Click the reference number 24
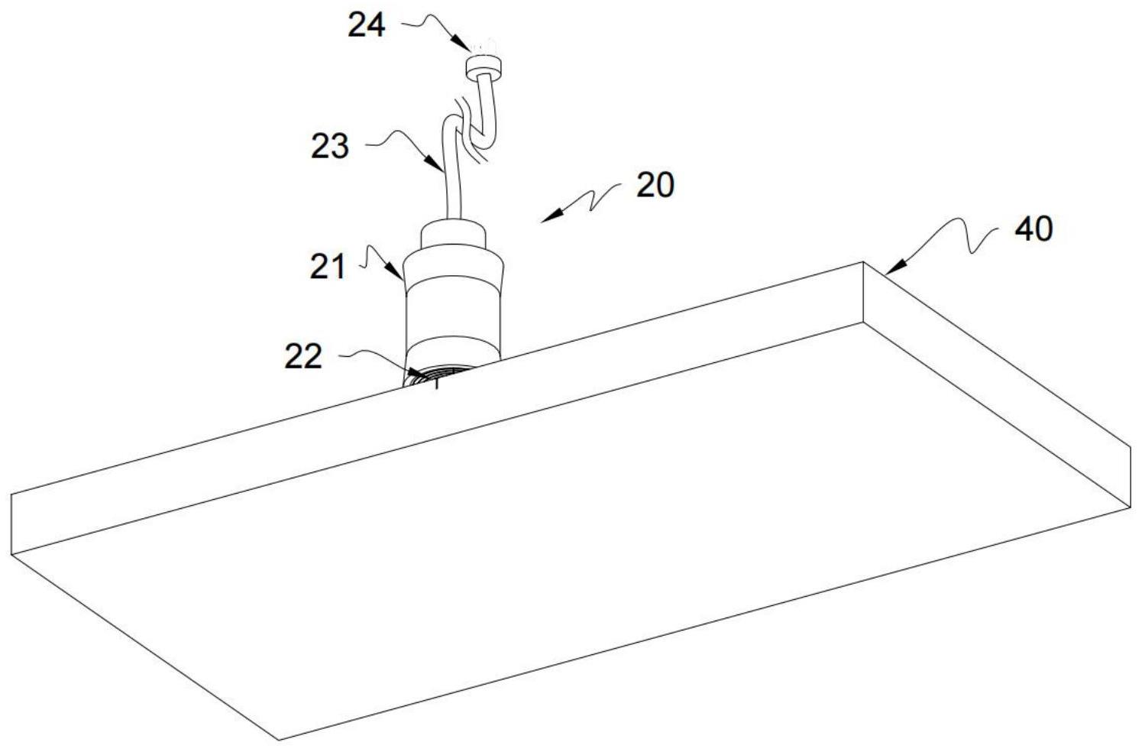(x=367, y=26)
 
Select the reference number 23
(x=329, y=145)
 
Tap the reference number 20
(x=655, y=185)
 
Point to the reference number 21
(x=328, y=267)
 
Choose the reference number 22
(x=303, y=356)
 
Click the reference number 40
(x=1034, y=229)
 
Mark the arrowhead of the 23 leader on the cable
(x=436, y=164)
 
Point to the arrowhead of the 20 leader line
(x=545, y=219)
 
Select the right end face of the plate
(x=993, y=382)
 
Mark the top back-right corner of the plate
(x=864, y=263)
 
